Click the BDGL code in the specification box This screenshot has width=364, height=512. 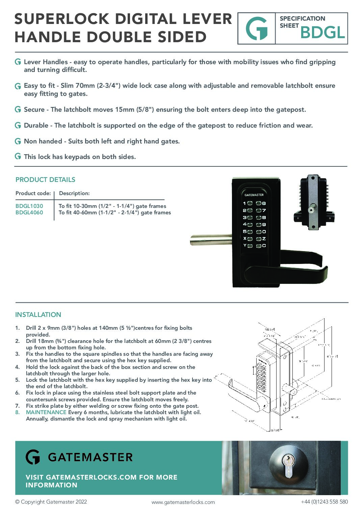coord(322,33)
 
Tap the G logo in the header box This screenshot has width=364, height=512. coord(257,29)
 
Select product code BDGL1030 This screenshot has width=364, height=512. coord(29,206)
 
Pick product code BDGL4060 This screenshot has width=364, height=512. coord(29,213)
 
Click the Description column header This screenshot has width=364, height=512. coord(74,193)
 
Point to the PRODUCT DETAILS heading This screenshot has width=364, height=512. coord(45,180)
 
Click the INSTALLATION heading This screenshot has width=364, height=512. coord(38,315)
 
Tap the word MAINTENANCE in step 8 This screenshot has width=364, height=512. coord(46,412)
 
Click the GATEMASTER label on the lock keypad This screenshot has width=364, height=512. coord(254,195)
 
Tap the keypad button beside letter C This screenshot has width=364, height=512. coord(259,246)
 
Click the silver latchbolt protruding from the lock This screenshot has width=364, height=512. coord(209,240)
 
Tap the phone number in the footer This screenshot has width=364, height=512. coord(324,502)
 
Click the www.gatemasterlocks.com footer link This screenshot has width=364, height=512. coord(183,502)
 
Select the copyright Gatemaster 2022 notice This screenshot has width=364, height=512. coord(51,502)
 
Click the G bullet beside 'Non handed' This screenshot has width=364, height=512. coord(18,141)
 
